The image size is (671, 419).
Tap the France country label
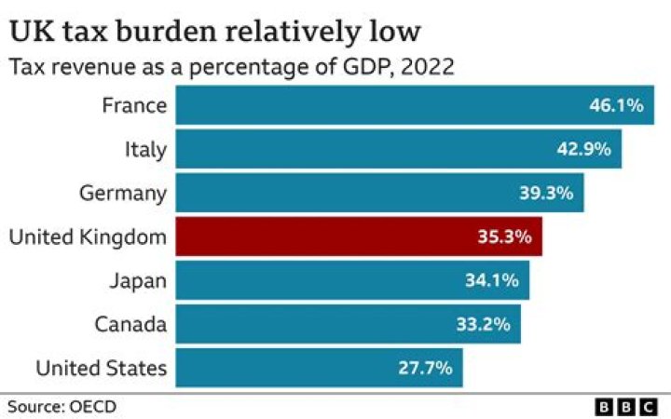134,105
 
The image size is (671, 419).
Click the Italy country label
145,149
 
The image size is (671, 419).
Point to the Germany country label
123,193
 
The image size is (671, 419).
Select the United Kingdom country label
88,237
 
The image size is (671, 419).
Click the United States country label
102,368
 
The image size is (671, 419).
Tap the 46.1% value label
615,105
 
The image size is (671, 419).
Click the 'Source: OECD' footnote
62,406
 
